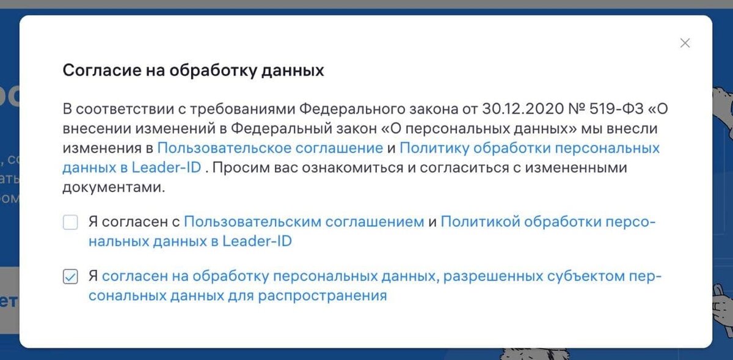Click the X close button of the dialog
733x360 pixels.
pos(685,43)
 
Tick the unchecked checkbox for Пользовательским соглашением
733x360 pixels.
pos(70,222)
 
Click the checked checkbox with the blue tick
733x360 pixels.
pos(70,277)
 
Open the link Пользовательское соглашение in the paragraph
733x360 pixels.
pos(269,148)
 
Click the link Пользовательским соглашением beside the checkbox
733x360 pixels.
pos(304,222)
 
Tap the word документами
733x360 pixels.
pos(114,187)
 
